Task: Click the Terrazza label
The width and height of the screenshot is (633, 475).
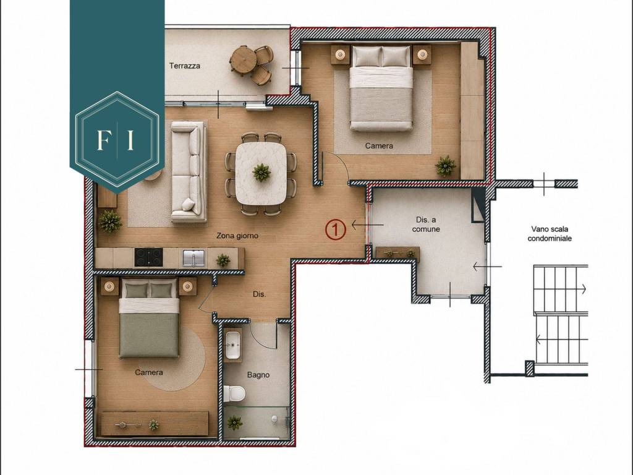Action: [x=184, y=66]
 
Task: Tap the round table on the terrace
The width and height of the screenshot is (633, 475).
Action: [x=242, y=59]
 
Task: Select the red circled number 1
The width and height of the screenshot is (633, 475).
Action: [x=336, y=229]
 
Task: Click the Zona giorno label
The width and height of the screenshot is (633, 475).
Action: [x=237, y=236]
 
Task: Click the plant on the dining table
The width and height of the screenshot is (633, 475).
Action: [x=261, y=173]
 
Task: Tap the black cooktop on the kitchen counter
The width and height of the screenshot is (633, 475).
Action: [x=148, y=257]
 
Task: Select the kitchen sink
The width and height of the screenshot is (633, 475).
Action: [x=193, y=258]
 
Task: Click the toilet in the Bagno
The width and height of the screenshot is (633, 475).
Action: [x=234, y=393]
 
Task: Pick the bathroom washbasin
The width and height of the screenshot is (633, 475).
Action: [x=233, y=345]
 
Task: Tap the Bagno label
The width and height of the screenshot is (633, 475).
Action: [x=258, y=375]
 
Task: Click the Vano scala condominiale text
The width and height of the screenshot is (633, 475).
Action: [x=550, y=234]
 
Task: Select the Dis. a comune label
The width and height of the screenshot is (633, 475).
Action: [x=426, y=225]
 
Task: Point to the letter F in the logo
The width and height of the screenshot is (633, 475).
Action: [x=103, y=139]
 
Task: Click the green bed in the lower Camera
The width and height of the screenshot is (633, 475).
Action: [x=149, y=320]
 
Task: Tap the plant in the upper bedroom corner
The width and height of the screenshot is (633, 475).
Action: [x=446, y=166]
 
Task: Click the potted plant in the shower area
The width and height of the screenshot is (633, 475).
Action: [x=234, y=423]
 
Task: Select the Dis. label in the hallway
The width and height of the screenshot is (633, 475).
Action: [x=259, y=294]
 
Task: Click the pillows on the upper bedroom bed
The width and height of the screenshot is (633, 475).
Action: [x=381, y=56]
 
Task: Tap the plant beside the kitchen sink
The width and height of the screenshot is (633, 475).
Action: [x=223, y=260]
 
